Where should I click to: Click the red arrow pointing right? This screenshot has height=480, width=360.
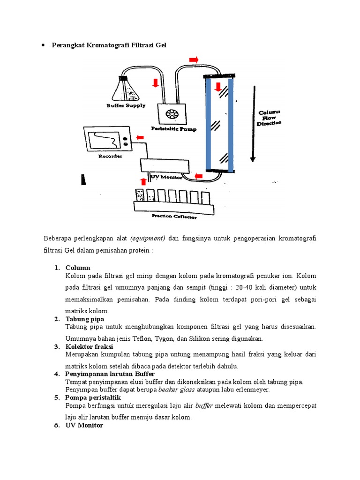193,60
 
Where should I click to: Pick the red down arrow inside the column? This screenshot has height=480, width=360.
217,86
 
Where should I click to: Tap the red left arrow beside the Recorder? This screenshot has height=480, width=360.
140,138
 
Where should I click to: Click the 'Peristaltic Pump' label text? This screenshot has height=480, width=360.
174,128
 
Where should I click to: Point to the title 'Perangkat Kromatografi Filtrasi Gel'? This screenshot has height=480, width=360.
109,45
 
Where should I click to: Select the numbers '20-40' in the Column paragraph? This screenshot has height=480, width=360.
247,287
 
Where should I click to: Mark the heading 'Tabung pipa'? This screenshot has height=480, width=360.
85,319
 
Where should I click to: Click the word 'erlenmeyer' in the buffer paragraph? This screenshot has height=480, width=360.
253,390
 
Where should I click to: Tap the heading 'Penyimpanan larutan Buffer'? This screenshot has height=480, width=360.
107,374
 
